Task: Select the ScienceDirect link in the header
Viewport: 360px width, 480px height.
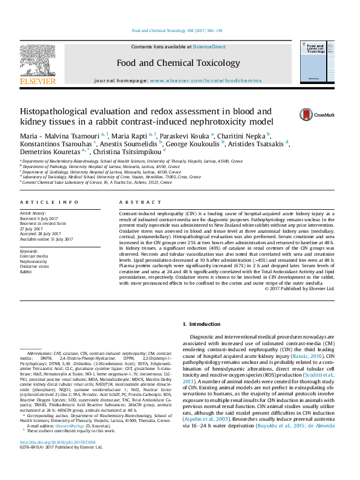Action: (x=209, y=47)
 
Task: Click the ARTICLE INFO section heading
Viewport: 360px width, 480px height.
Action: (x=49, y=202)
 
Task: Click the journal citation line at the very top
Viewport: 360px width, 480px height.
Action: (x=180, y=30)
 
